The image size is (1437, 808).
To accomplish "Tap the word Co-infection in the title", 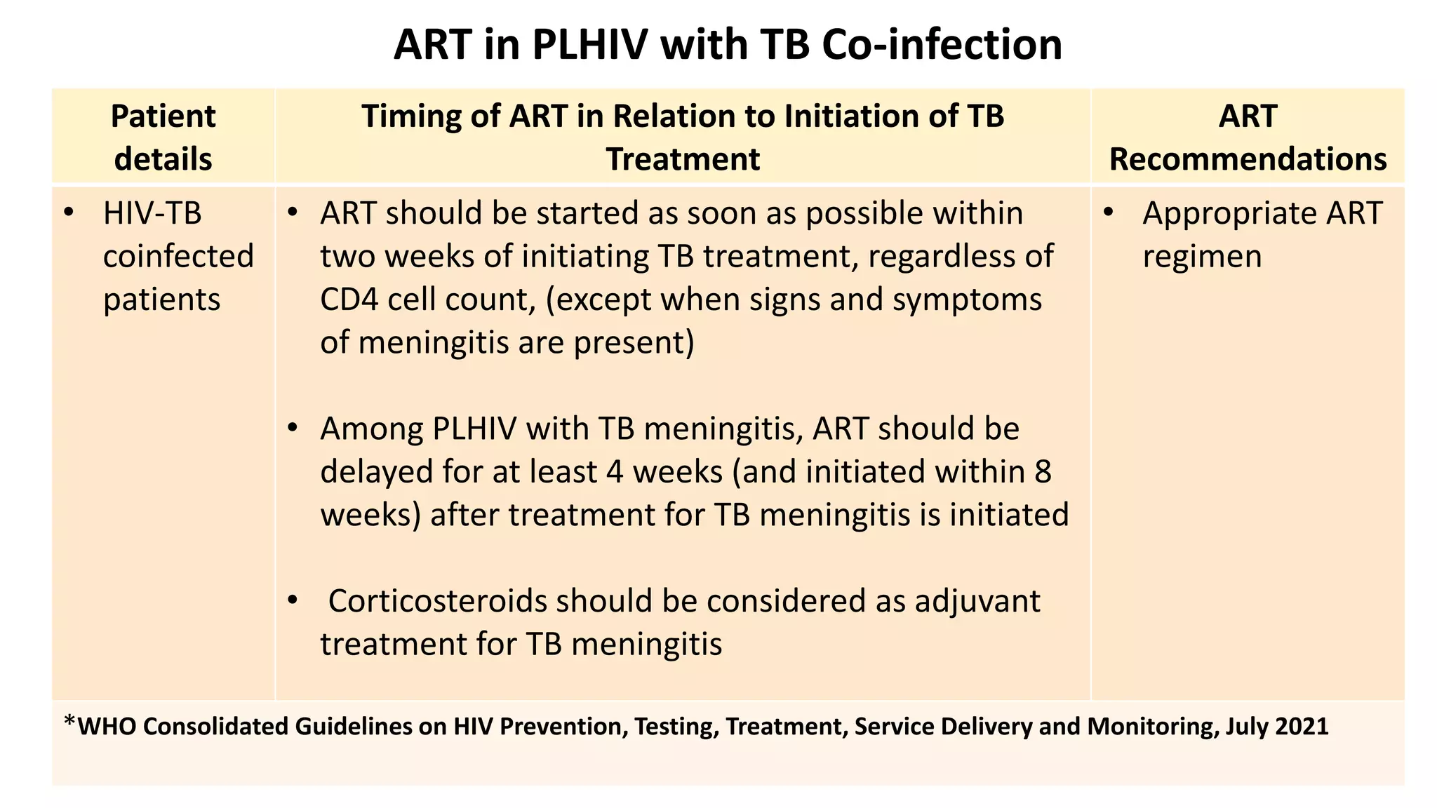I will tap(942, 45).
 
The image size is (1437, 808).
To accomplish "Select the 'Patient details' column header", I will tap(163, 137).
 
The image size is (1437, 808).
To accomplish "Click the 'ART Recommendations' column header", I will tap(1248, 137).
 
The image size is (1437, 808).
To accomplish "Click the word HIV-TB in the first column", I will tap(152, 213).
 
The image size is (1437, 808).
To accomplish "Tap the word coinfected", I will tap(178, 256).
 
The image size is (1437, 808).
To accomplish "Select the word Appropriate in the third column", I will tap(1219, 213).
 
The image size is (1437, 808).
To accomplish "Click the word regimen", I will tap(1202, 256).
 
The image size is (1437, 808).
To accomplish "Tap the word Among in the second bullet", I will tap(371, 429).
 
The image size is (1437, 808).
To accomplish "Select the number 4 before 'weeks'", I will tap(615, 471).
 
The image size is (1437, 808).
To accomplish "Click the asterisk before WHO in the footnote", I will tap(69, 722).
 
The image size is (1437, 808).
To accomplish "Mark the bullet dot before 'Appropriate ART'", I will tap(1108, 213).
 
